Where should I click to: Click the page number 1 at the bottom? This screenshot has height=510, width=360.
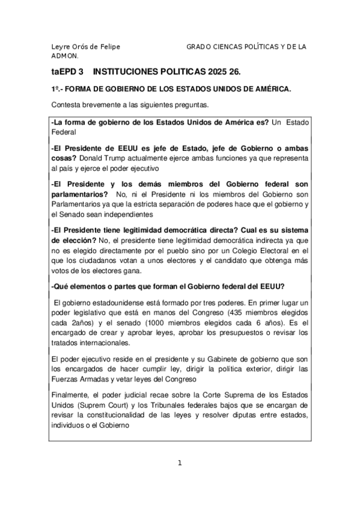180,463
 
